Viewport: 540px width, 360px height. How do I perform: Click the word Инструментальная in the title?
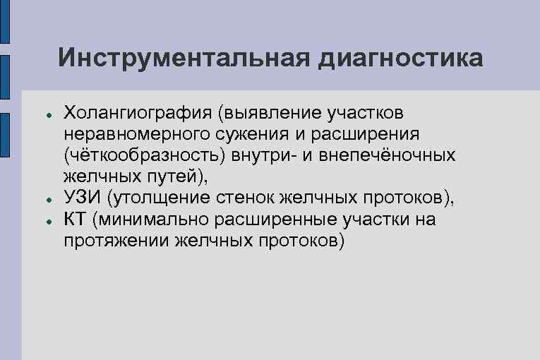click(184, 58)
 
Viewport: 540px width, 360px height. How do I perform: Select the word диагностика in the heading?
click(401, 58)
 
